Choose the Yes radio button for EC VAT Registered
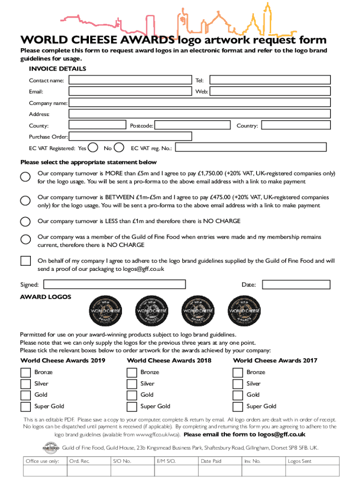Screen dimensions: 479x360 click(93, 148)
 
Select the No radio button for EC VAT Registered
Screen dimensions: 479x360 click(119, 148)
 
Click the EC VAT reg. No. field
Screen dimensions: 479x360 click(251, 148)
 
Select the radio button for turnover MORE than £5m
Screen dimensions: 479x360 click(26, 177)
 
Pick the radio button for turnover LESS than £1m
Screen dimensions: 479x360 click(26, 221)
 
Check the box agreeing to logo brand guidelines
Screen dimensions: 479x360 click(26, 261)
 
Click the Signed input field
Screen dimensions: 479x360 click(115, 284)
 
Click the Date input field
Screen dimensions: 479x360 click(296, 284)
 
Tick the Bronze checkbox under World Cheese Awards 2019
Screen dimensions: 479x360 click(26, 372)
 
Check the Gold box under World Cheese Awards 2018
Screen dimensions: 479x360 click(132, 395)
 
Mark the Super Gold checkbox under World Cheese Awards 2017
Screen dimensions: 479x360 click(238, 406)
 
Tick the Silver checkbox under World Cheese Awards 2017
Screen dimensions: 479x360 click(238, 384)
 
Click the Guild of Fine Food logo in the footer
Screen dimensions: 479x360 click(50, 447)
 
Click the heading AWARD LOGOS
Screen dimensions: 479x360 click(45, 297)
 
